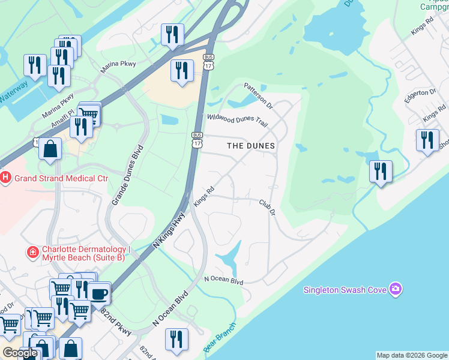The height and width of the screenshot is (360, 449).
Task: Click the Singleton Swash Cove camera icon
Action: coord(395,290)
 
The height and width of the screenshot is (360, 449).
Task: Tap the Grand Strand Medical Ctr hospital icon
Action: coord(6,178)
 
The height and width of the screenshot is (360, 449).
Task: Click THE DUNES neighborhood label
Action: coord(250,146)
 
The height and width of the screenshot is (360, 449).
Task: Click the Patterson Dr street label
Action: coord(258,96)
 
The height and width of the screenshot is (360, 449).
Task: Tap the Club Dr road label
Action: coord(267,208)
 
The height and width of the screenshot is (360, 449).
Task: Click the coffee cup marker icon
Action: coord(100,294)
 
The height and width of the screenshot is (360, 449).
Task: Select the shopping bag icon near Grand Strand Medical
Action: coord(50,149)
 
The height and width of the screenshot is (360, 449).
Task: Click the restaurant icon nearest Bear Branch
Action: coord(176,339)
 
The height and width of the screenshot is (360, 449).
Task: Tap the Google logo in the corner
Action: coord(20,353)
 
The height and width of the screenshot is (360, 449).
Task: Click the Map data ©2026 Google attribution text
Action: coord(412,355)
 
